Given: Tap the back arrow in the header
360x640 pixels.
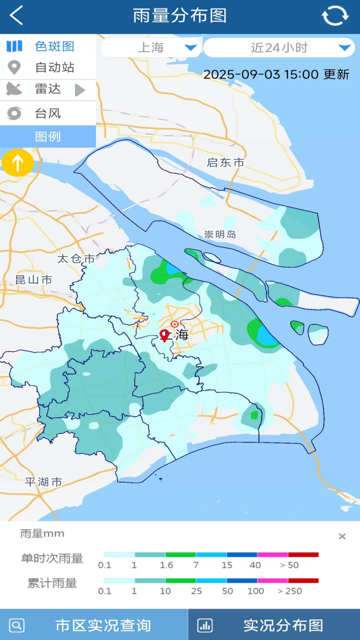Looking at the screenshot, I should [16, 16].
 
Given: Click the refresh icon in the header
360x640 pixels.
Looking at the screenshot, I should [335, 16].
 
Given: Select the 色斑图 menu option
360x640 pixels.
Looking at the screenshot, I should [48, 46].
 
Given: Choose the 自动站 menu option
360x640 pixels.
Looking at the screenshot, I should [48, 68].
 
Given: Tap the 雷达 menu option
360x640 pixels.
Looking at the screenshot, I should [48, 89].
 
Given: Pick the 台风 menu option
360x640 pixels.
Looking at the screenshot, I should [48, 113].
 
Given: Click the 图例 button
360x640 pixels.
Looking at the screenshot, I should [48, 137].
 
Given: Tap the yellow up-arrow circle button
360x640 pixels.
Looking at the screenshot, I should [17, 163].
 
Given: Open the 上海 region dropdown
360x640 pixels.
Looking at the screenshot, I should [150, 48].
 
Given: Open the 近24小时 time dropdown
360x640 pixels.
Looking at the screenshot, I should [279, 48].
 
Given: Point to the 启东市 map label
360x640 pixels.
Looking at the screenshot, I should [225, 163].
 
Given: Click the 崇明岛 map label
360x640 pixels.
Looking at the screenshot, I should [220, 235].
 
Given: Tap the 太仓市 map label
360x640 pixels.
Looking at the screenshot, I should [76, 259].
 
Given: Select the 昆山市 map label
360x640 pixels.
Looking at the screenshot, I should [34, 280].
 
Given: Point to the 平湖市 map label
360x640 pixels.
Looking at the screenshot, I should [43, 482].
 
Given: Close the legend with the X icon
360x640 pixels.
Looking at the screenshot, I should [342, 536].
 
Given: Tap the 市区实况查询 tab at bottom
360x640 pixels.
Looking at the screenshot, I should [94, 625].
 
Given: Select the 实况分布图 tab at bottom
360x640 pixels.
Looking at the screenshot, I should [274, 625].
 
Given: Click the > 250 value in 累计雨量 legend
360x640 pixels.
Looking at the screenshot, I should [290, 591].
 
